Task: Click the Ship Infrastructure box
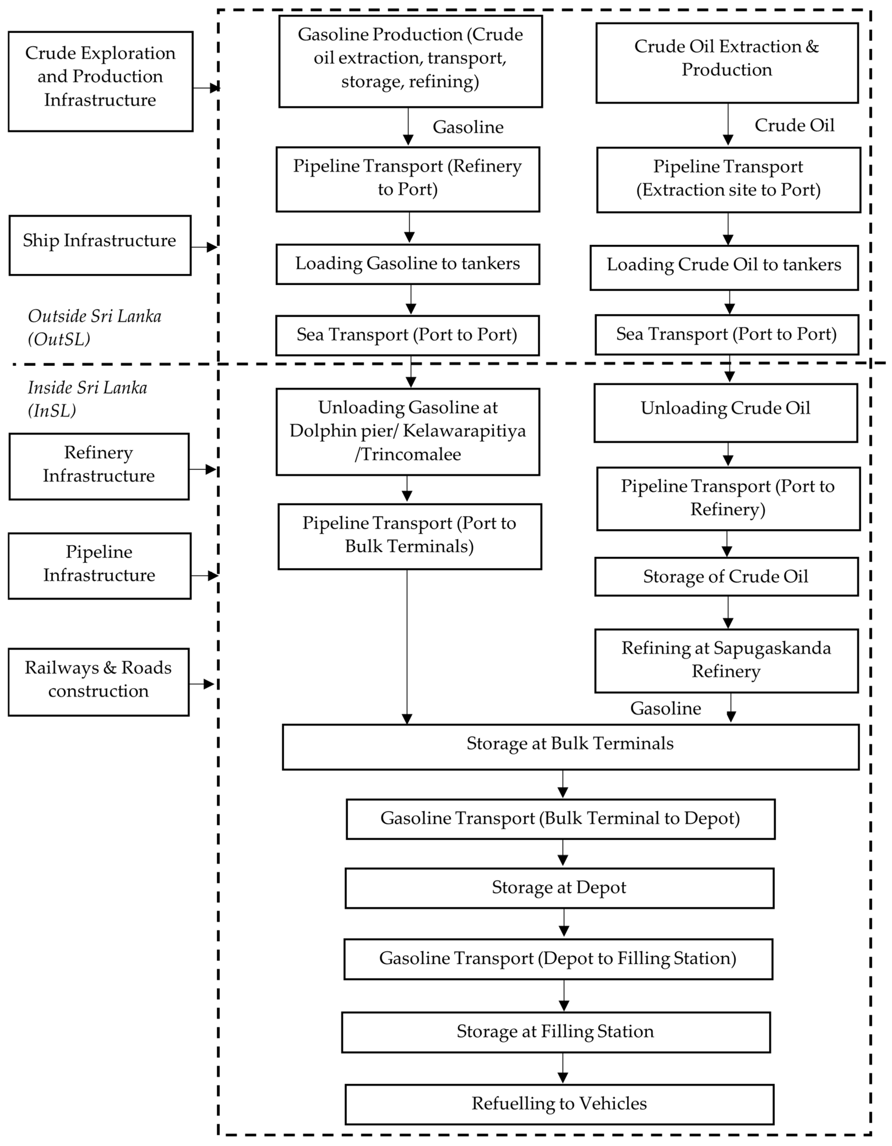[100, 245]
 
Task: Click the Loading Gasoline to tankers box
[408, 264]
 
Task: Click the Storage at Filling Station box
[556, 1032]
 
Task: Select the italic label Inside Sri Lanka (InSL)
[87, 399]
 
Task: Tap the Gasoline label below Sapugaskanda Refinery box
[665, 708]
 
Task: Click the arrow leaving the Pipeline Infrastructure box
[204, 576]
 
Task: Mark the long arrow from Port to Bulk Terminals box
[407, 645]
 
